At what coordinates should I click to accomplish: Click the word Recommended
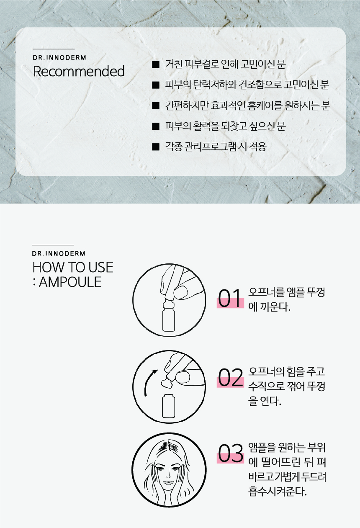[x=79, y=71]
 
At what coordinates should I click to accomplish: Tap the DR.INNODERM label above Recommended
[x=59, y=58]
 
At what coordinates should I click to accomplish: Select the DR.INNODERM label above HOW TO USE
[x=59, y=254]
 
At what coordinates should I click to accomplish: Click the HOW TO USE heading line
[x=73, y=267]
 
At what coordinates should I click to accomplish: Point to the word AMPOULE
[x=70, y=282]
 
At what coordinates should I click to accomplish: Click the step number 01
[x=230, y=299]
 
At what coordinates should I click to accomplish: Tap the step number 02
[x=230, y=378]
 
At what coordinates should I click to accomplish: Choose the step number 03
[x=230, y=453]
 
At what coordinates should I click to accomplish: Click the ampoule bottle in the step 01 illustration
[x=169, y=315]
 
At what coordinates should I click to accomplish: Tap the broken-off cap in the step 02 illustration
[x=167, y=382]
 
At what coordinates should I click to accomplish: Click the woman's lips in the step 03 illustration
[x=168, y=482]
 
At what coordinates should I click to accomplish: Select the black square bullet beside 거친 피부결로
[x=155, y=64]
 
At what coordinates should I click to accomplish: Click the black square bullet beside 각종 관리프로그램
[x=155, y=147]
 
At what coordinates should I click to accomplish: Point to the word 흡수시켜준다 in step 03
[x=278, y=492]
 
